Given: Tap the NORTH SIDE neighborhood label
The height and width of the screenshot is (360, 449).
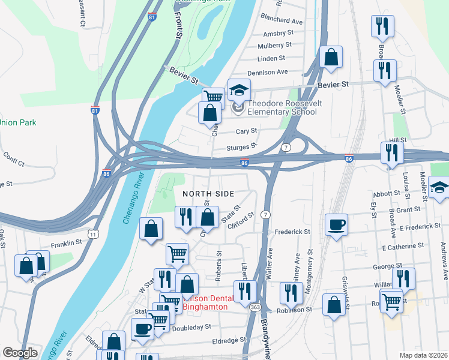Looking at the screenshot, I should point(208,194).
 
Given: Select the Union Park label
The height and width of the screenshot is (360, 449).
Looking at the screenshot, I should point(17,122).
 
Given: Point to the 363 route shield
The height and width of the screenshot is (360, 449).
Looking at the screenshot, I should point(255,306).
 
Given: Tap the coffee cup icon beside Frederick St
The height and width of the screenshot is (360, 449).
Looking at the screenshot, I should point(336,224).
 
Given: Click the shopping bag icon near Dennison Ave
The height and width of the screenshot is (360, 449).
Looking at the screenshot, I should point(330,58).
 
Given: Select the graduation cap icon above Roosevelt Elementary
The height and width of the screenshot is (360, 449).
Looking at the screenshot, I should point(239,91).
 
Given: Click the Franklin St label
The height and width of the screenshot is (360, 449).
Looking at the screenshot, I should point(66,243).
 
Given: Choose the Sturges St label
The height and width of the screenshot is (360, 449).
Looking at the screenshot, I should point(241,145).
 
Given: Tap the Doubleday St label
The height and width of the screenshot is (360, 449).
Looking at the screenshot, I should point(191,327).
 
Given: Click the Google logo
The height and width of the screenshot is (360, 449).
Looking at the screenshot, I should point(20,352).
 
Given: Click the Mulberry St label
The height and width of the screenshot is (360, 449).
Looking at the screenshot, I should point(274,45).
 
